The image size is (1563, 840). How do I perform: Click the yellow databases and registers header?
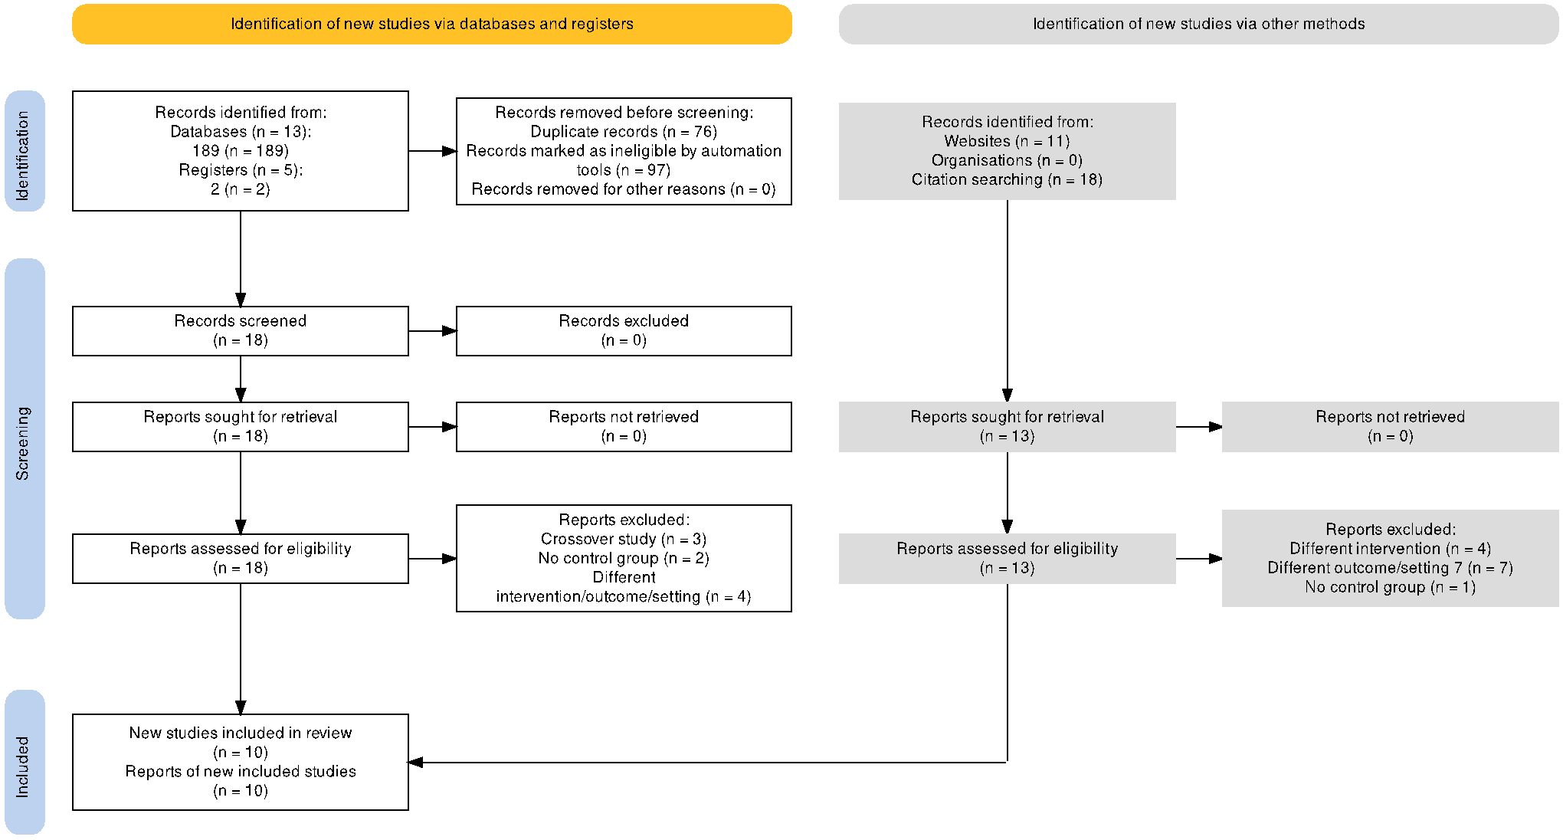tap(432, 24)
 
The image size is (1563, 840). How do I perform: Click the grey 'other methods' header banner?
tap(1198, 24)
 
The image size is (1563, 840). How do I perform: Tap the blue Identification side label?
tap(25, 151)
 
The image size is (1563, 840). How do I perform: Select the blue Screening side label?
tap(25, 438)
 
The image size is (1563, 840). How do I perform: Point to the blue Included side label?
tap(25, 762)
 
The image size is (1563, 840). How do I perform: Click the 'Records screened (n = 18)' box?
tap(241, 331)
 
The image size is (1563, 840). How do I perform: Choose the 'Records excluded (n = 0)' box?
tap(624, 331)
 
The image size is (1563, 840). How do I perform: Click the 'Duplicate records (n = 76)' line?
tap(624, 132)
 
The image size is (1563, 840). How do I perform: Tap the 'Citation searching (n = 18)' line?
tap(1007, 179)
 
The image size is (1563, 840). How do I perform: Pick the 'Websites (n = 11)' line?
tap(1007, 141)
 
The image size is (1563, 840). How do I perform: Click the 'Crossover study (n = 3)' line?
tap(624, 539)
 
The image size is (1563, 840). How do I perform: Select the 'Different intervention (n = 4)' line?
tap(1390, 549)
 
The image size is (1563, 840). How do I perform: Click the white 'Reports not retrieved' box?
tap(624, 427)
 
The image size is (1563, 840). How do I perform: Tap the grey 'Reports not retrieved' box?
tap(1390, 427)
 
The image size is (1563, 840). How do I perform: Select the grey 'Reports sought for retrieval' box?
tap(1007, 427)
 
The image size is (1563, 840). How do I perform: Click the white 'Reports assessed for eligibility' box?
tap(241, 559)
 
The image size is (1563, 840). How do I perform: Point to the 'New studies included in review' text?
tap(241, 733)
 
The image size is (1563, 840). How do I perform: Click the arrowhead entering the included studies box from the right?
tap(416, 762)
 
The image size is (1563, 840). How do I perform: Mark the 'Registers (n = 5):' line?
tap(241, 170)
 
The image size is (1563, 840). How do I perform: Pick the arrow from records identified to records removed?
tap(433, 151)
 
